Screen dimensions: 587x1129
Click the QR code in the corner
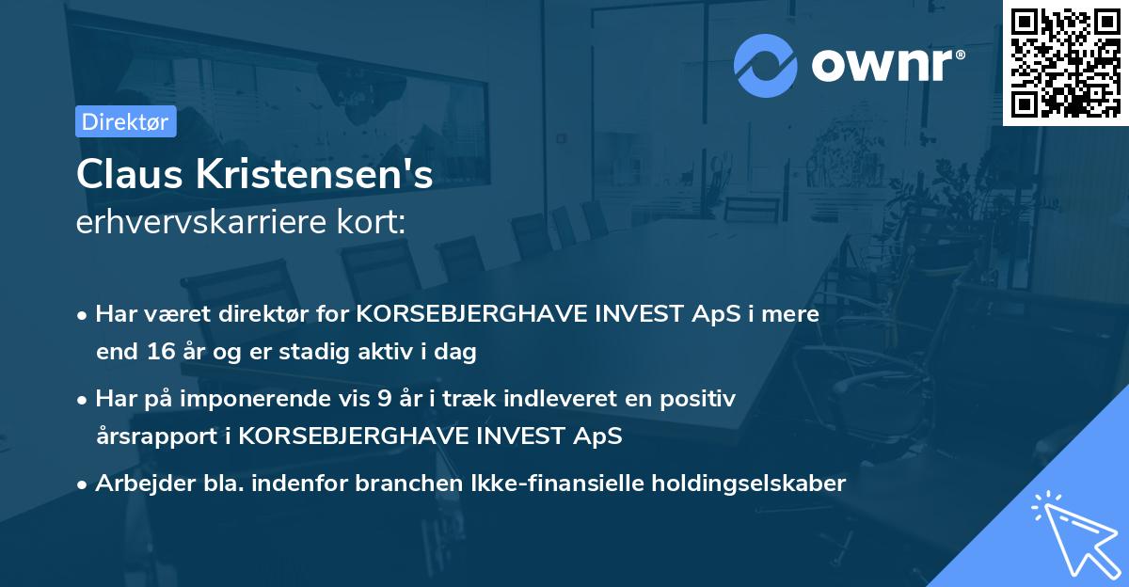[x=1065, y=63]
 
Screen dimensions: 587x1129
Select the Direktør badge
[x=125, y=121]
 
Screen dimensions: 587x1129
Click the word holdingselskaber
[x=741, y=484]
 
